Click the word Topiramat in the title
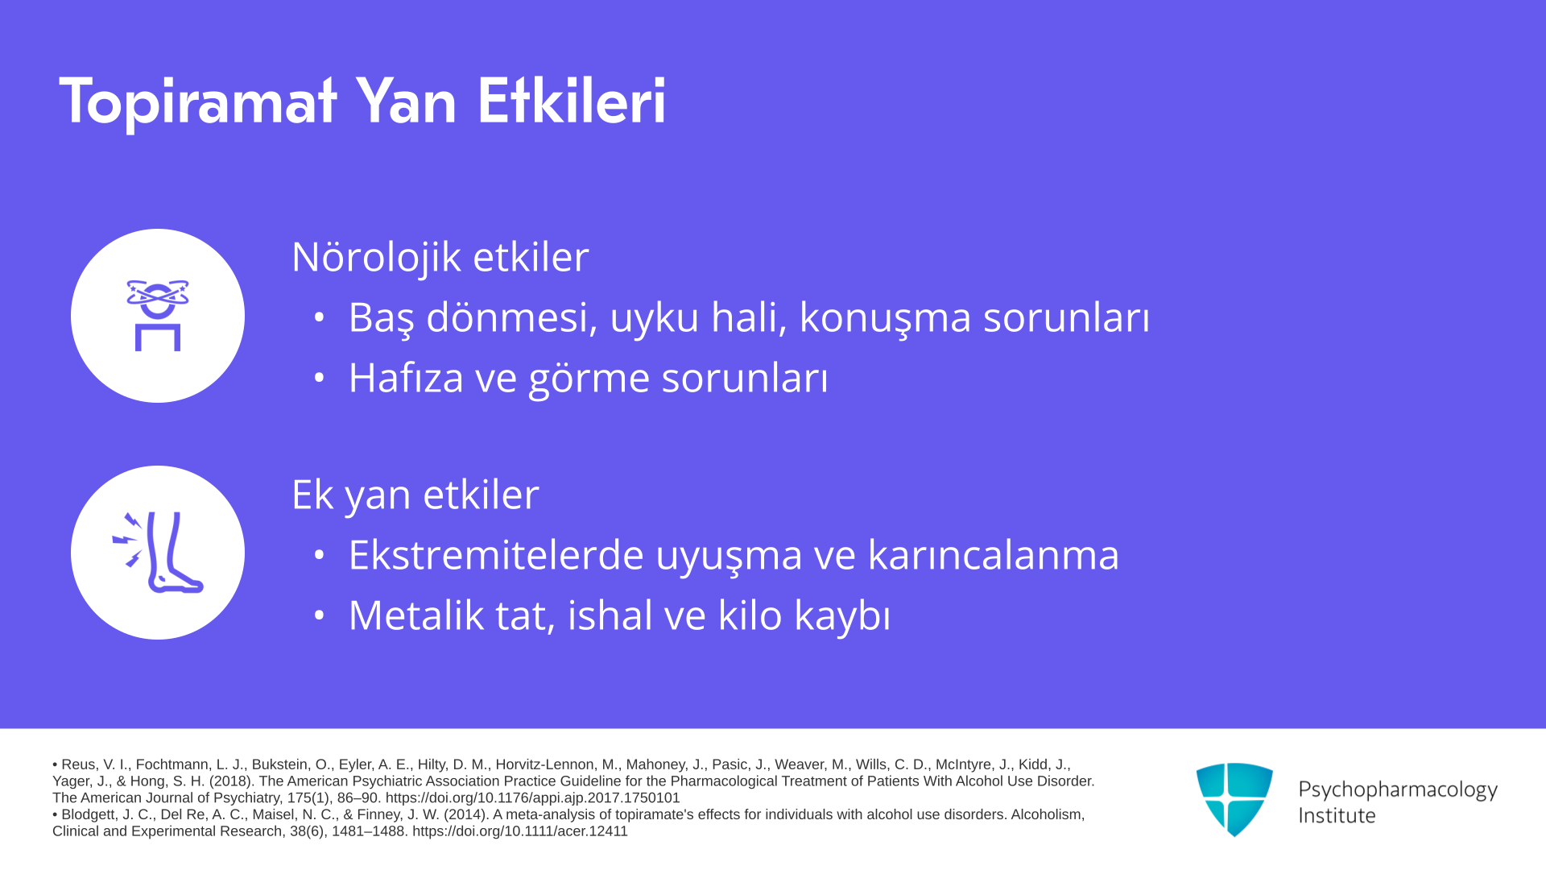coord(198,102)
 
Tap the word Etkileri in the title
coord(572,101)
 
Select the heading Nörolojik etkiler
coord(440,257)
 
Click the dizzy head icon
coord(158,315)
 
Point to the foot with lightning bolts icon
coord(158,553)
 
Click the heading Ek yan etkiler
coord(415,494)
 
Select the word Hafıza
coord(406,377)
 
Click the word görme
coord(589,379)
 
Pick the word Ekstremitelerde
coord(496,555)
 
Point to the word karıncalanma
coord(994,555)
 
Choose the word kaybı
coord(842,616)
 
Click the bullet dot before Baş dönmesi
coord(320,317)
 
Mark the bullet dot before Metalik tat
coord(320,615)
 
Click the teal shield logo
coord(1234,799)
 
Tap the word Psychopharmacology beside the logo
coord(1398,789)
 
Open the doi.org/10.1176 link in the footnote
coord(532,798)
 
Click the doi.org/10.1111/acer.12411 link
coord(520,831)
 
